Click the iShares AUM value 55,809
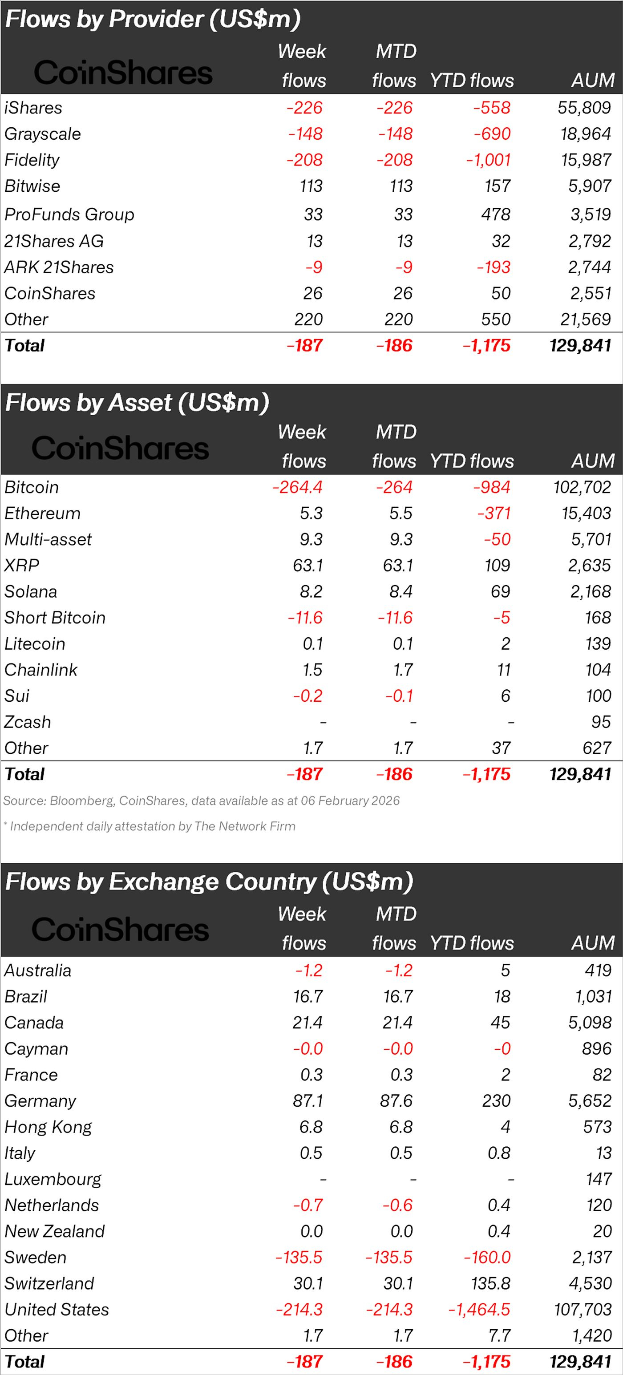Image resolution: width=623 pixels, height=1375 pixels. click(x=584, y=108)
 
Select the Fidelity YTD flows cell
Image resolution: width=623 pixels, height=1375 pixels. click(x=488, y=160)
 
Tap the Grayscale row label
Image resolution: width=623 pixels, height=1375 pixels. click(x=43, y=134)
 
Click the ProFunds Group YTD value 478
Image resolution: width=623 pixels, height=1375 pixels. click(x=495, y=214)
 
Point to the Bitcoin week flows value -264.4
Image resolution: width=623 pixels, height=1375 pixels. click(x=297, y=487)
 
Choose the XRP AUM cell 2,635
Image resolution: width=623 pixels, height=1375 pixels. click(x=589, y=565)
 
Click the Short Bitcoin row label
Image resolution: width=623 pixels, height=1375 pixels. click(x=55, y=618)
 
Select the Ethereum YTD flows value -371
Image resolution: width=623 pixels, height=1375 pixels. click(x=494, y=514)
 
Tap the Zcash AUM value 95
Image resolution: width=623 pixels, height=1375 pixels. click(x=601, y=722)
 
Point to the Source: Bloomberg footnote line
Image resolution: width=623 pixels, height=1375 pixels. click(x=201, y=801)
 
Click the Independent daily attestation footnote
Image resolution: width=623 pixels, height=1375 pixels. click(x=150, y=826)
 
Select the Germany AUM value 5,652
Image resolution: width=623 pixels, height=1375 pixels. click(x=589, y=1100)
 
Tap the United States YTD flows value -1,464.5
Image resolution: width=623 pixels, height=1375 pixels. click(x=479, y=1309)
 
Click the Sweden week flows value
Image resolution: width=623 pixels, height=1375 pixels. click(x=299, y=1257)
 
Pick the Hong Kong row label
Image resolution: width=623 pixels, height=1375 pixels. click(x=48, y=1127)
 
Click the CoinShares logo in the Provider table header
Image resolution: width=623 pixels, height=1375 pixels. click(x=123, y=73)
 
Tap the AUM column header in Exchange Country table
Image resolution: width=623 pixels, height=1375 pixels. click(x=593, y=943)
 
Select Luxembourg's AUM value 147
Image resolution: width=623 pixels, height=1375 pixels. click(x=598, y=1179)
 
